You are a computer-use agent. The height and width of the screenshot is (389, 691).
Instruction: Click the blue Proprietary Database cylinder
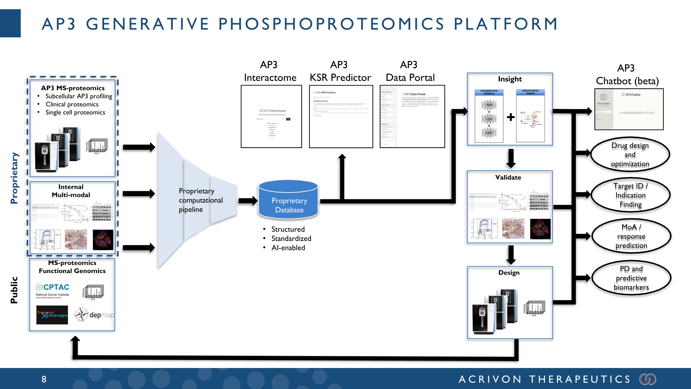288,200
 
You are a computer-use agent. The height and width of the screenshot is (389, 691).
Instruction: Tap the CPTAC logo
52,290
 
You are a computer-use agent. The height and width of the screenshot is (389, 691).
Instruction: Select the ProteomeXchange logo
52,315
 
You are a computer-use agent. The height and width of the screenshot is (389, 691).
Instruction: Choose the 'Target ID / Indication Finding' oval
630,195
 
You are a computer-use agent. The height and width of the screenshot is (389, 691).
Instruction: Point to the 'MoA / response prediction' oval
631,237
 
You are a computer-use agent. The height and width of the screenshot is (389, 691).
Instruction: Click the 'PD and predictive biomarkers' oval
631,278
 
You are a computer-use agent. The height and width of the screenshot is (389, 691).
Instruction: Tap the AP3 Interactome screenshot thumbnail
271,116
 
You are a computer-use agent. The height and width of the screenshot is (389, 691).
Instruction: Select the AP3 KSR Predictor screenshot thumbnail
341,116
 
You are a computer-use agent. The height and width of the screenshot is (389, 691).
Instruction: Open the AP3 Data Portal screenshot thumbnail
412,116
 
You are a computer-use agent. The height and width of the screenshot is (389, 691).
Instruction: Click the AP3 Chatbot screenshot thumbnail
629,110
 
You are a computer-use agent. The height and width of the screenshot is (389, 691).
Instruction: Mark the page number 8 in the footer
44,379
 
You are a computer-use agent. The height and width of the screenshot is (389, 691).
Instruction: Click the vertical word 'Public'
14,290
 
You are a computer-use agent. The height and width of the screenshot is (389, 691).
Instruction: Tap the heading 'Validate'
508,178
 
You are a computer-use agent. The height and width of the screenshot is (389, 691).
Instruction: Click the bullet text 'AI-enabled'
288,248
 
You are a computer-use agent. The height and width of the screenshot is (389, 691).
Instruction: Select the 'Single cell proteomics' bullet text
75,113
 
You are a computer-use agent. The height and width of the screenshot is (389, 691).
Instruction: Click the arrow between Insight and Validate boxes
511,158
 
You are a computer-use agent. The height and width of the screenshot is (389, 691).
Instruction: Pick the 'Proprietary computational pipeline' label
201,200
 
